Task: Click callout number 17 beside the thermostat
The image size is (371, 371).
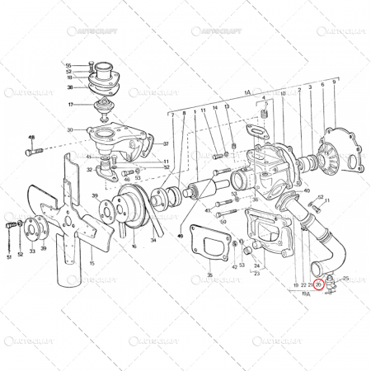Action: coord(72,105)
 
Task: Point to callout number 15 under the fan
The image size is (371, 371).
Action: coord(92,263)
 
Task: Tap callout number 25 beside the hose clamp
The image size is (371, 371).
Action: coord(345,278)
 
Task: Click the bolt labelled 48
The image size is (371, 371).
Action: coord(32,152)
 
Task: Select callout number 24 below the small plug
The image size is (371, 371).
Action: coord(256,265)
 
